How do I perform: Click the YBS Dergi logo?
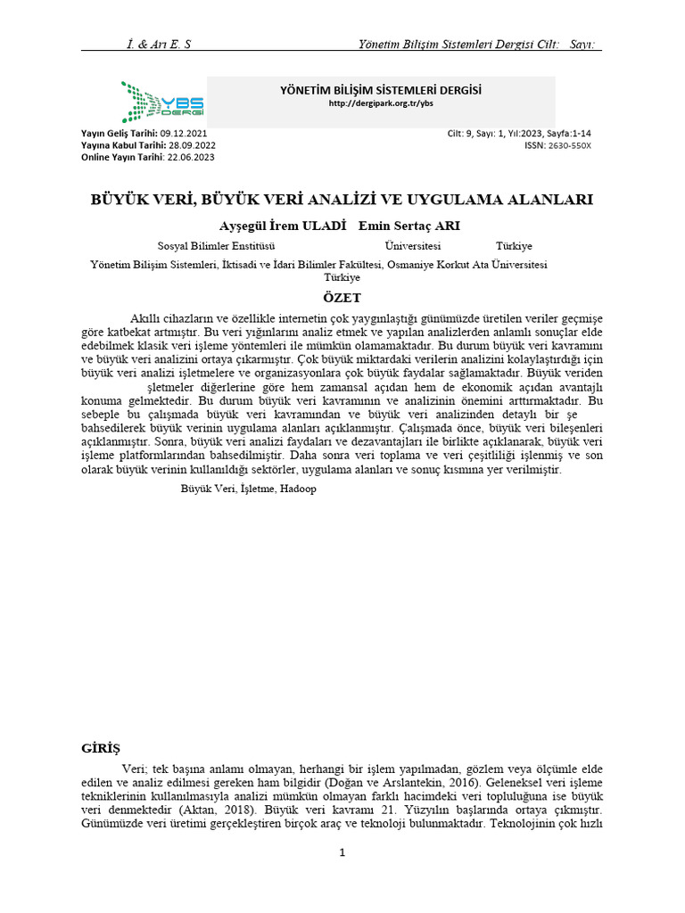point(162,102)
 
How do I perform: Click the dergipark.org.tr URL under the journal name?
point(381,103)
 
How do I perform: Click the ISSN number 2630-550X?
point(569,145)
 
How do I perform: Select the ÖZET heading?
point(342,298)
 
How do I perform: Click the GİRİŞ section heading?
point(101,747)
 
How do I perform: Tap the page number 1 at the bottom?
point(342,852)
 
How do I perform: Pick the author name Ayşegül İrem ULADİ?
point(283,226)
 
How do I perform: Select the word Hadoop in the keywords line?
point(299,489)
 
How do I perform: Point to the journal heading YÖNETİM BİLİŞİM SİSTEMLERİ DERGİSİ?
point(381,90)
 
